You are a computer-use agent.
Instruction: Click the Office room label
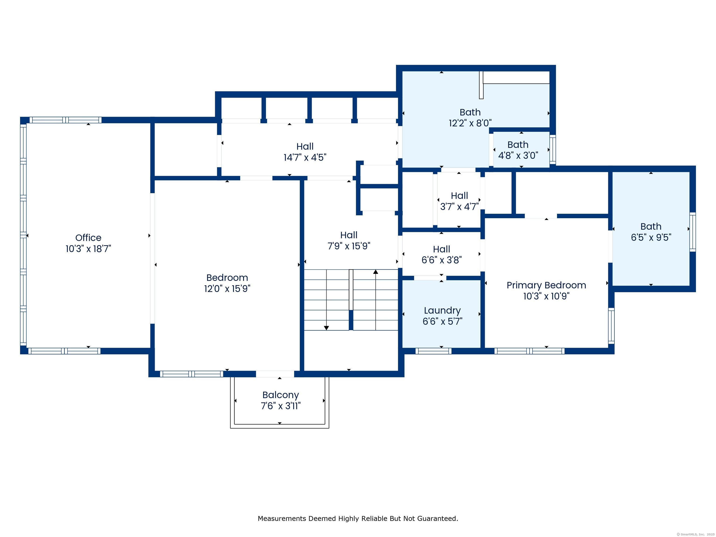[88, 238]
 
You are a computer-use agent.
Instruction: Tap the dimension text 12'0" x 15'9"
[227, 288]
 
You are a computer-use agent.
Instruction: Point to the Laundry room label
[442, 311]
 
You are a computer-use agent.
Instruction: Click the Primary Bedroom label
[546, 286]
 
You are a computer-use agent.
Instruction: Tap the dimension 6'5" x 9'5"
[651, 238]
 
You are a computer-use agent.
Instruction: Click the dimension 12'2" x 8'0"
[470, 123]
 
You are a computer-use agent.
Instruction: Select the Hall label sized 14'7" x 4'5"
[305, 147]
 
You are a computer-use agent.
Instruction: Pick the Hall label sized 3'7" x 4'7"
[459, 196]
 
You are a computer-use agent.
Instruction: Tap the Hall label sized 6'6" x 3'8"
[441, 249]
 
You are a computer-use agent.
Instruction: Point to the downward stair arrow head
[326, 328]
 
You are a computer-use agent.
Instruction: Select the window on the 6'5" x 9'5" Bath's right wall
[693, 232]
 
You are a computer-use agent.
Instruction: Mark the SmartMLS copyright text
[696, 534]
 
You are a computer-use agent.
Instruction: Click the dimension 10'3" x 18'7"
[88, 249]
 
